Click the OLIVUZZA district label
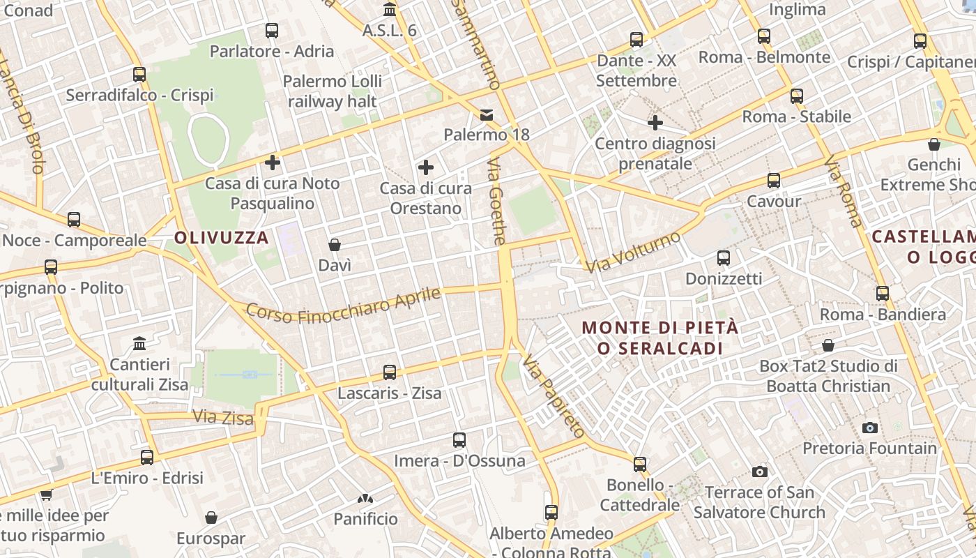click(221, 238)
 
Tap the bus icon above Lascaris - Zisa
click(390, 372)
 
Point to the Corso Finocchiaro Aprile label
click(344, 306)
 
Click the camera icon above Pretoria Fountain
click(869, 428)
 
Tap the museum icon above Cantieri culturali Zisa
click(139, 344)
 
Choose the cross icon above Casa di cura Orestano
click(425, 167)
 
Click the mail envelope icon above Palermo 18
click(487, 114)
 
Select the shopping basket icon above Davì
click(335, 245)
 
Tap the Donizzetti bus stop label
click(724, 279)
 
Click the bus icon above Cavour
click(773, 181)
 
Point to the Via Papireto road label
click(554, 395)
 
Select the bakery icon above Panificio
click(365, 499)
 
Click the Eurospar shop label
click(211, 538)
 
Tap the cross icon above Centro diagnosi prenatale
click(655, 123)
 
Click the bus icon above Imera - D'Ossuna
click(459, 440)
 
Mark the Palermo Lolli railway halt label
click(333, 91)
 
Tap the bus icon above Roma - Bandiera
click(883, 294)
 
